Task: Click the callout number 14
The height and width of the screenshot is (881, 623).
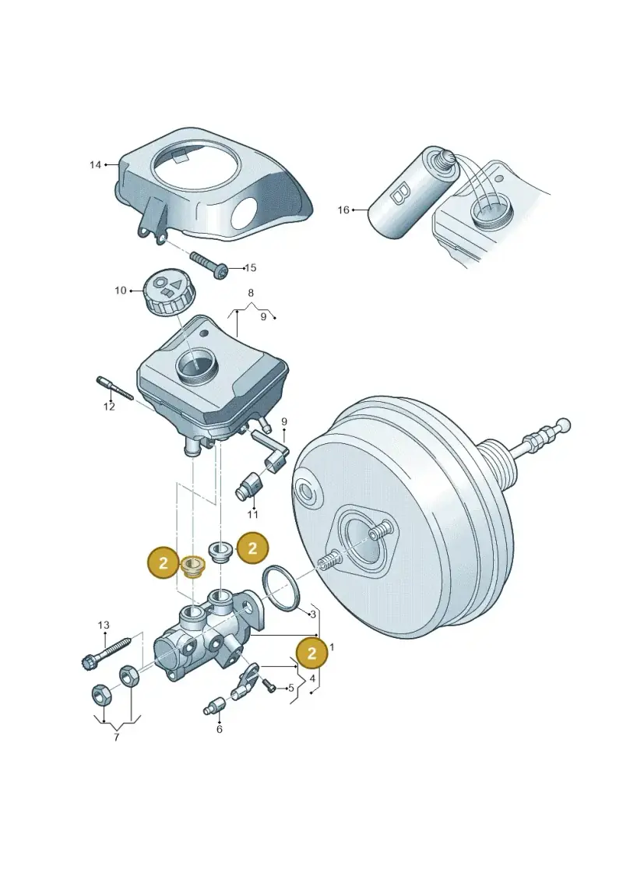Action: coord(95,164)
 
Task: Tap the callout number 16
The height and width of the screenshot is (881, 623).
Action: coord(343,210)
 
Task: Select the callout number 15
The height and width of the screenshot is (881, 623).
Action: coord(251,267)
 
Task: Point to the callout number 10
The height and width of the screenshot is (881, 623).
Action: coord(121,291)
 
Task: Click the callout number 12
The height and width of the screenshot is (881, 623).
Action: coord(109,407)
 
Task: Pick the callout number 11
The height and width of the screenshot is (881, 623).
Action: coord(253,514)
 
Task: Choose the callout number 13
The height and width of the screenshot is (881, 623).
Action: coord(104,625)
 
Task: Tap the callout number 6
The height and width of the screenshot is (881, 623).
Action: coord(219,729)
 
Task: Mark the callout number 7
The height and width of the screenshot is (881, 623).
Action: coord(116,738)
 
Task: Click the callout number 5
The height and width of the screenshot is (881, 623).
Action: coord(291,688)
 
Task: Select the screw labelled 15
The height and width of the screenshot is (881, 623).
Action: coord(209,264)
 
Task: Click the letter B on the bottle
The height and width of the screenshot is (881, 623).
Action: coord(400,193)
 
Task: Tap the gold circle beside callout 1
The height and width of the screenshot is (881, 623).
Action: coord(311,652)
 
